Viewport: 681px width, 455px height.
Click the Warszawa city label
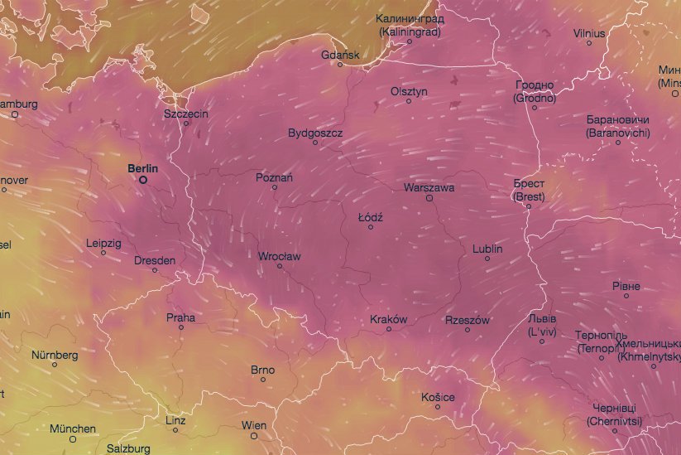point(429,188)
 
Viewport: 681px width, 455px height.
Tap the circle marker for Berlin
point(143,179)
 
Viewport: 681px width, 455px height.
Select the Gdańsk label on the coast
point(340,55)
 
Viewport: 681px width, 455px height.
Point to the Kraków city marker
point(390,329)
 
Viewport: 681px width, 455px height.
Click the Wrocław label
point(279,256)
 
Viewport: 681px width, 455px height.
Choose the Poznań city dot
point(275,186)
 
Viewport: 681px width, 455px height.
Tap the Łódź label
point(370,216)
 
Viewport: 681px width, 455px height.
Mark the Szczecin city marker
point(186,123)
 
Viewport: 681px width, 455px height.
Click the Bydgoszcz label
point(314,133)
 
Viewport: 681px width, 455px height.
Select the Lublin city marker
point(487,259)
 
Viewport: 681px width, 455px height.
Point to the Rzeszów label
point(468,320)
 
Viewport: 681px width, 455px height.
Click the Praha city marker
point(181,327)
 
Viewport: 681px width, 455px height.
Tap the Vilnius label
point(589,33)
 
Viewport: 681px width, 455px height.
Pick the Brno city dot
point(263,380)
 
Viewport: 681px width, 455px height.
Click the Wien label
point(254,425)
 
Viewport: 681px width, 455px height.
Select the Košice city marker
point(438,407)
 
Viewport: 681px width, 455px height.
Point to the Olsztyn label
point(409,91)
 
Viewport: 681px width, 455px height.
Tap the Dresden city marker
point(155,270)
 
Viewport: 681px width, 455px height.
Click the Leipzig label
point(103,244)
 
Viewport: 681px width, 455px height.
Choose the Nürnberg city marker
point(55,365)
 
